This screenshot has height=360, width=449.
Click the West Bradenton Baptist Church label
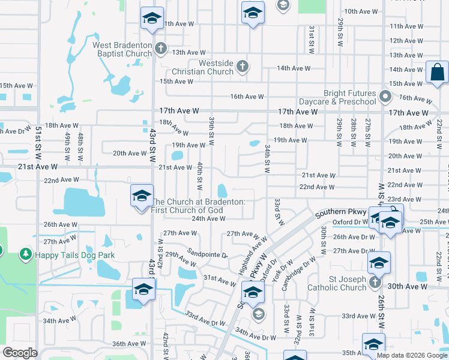pos(122,49)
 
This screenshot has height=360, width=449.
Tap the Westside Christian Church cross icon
pos(243,65)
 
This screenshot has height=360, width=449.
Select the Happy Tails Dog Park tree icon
pos(25,255)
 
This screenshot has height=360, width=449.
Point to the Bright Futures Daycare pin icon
pos(385,95)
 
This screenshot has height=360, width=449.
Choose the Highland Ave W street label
pos(252,256)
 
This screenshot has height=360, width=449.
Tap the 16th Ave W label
pos(247,97)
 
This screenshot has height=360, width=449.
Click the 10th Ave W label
pos(361,11)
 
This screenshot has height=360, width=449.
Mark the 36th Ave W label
pos(129,344)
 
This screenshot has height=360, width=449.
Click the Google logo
pos(20,353)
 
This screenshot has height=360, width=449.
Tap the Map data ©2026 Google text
pos(411,355)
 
